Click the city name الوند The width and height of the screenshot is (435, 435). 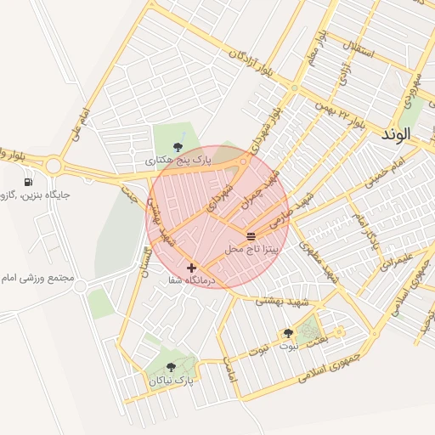396,134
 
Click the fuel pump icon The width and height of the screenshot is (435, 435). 30,181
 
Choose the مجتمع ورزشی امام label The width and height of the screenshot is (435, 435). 38,278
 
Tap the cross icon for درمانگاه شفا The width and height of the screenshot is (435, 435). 191,267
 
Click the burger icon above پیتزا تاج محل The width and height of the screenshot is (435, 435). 251,235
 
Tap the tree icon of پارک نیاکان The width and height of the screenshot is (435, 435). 172,367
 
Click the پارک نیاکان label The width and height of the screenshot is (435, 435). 170,381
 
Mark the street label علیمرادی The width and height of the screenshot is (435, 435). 397,256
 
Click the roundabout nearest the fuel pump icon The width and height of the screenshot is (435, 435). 56,165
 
